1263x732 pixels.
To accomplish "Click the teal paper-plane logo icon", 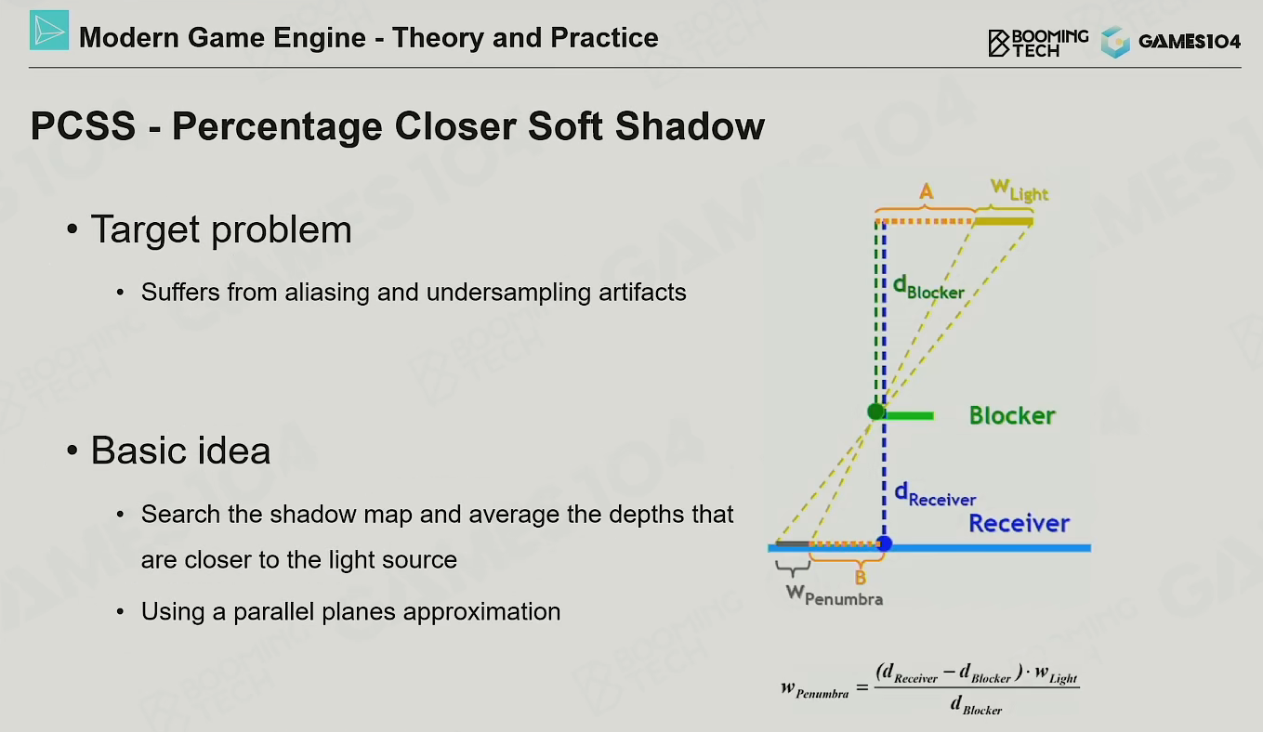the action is pos(49,31).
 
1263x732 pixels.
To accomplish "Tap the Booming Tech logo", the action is pos(1038,43).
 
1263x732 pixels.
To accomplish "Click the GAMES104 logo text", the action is pos(1190,42).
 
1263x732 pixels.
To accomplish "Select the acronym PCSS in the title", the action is pos(83,125).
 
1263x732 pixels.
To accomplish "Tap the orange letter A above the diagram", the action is pos(926,191).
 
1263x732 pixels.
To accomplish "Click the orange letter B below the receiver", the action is pos(860,578).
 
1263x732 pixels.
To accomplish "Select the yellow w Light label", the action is pos(1019,190).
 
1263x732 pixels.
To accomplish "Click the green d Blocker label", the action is pos(928,287).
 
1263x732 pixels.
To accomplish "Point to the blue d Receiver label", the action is pos(935,494).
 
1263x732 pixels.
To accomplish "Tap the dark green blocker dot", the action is pos(875,412).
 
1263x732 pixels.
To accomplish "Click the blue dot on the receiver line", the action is pos(884,543).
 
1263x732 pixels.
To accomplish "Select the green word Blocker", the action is pos(1012,416).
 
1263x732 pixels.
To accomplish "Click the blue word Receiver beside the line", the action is pos(1019,524).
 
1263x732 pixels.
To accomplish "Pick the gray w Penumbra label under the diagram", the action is pos(835,595).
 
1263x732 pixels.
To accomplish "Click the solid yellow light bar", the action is pos(1004,221).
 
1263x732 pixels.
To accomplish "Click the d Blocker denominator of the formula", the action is pos(976,705).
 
